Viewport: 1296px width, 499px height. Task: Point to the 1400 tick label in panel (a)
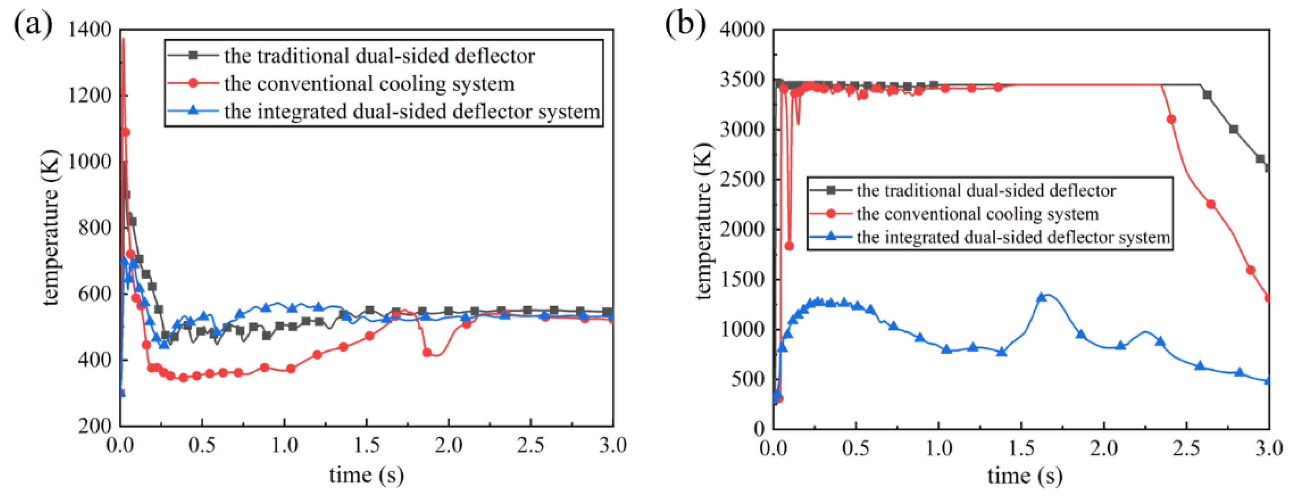click(90, 30)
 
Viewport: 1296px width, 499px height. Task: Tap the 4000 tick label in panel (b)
click(742, 30)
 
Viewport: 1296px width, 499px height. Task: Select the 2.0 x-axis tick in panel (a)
click(448, 445)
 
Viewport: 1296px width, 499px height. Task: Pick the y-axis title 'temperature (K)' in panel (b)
click(704, 221)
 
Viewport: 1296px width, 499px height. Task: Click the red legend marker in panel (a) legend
click(193, 83)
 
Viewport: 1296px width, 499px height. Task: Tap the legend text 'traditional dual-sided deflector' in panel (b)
click(986, 191)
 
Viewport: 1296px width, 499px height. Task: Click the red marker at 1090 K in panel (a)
click(126, 132)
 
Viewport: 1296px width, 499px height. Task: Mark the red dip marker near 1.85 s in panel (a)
click(427, 353)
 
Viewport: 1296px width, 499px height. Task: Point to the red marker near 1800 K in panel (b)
click(789, 246)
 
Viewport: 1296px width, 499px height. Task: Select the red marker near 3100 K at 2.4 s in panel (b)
click(1171, 119)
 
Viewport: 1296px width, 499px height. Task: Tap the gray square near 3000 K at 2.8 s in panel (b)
click(1233, 129)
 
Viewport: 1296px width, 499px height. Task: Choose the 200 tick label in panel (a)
click(95, 426)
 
